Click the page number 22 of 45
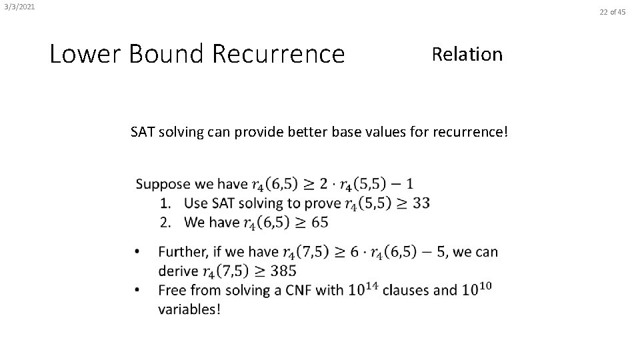[x=613, y=11]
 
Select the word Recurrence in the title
[x=278, y=54]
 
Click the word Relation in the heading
[x=467, y=54]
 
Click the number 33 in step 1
[x=421, y=203]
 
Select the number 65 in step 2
[x=319, y=222]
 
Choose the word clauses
[x=408, y=290]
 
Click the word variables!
[x=189, y=309]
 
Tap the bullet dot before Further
[x=137, y=252]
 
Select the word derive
[x=177, y=271]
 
